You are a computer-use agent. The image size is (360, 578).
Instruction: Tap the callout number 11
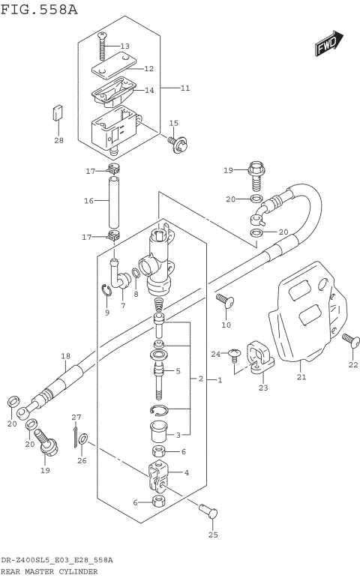[184, 88]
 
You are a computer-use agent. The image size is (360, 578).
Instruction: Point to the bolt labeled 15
[176, 141]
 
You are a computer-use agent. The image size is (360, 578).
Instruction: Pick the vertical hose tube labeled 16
[114, 202]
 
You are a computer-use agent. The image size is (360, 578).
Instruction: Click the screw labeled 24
[235, 352]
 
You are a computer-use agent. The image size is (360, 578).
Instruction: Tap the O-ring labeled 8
[135, 273]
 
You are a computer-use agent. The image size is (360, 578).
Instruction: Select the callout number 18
[65, 355]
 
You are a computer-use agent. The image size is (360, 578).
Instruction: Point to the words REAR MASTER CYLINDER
[49, 571]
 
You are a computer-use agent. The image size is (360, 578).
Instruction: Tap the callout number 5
[178, 371]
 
